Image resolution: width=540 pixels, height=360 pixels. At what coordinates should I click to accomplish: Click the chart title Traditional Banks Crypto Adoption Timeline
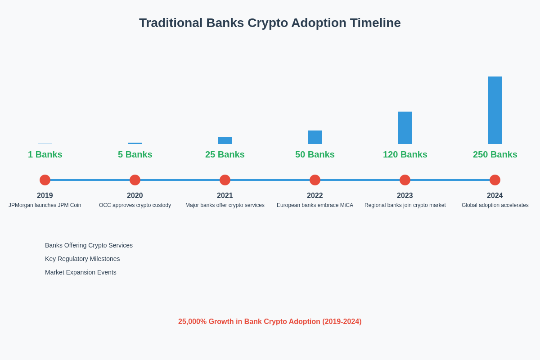tap(270, 23)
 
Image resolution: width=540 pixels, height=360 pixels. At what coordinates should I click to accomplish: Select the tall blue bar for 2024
tap(495, 110)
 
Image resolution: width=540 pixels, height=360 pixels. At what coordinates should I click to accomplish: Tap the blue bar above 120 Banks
tap(405, 128)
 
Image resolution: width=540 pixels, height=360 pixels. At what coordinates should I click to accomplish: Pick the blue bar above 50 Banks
tap(315, 137)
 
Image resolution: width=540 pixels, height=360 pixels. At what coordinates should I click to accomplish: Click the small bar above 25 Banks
tap(225, 140)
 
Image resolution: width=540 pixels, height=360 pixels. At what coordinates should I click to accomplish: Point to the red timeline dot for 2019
tap(45, 180)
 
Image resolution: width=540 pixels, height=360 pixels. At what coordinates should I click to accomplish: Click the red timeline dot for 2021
tap(225, 180)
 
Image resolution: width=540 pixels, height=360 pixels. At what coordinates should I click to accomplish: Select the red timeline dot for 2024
tap(495, 180)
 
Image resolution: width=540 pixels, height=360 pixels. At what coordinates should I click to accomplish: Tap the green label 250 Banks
tap(495, 154)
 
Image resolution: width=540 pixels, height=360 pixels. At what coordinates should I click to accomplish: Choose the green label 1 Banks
tap(45, 154)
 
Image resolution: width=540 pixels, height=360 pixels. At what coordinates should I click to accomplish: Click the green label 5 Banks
tap(135, 154)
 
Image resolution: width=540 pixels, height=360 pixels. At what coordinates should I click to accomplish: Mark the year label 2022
tap(315, 196)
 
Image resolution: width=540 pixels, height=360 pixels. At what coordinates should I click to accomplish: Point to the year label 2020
tap(135, 196)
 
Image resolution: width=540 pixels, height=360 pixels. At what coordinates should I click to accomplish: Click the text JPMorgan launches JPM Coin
tap(45, 205)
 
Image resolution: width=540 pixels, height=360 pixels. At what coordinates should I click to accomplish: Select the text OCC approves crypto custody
tap(135, 205)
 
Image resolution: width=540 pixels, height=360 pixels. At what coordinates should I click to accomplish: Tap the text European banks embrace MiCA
tap(315, 205)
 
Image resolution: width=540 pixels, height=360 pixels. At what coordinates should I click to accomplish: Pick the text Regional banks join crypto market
tap(405, 205)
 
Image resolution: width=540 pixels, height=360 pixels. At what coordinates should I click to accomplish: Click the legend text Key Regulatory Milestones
tap(82, 259)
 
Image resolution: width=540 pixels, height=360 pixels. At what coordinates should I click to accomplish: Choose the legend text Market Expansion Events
tap(81, 272)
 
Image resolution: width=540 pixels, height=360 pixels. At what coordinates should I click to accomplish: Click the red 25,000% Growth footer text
tap(270, 322)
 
